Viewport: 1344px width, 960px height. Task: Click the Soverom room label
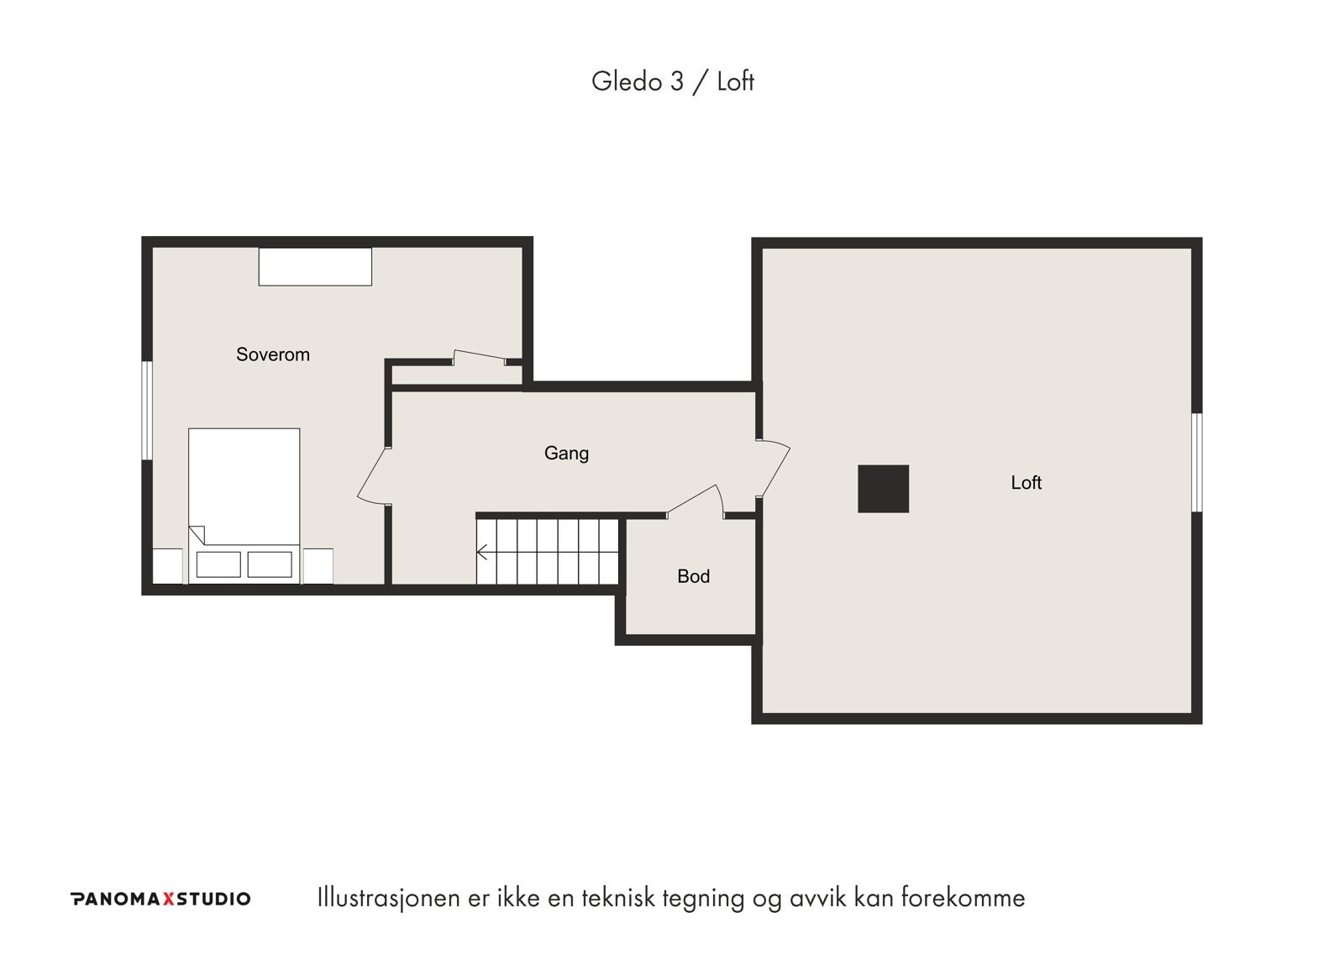(273, 354)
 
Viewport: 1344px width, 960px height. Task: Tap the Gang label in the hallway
(566, 453)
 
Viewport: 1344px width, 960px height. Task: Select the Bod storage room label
(694, 576)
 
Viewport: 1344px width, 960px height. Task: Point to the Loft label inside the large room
(1026, 482)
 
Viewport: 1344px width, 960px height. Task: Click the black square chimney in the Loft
(883, 489)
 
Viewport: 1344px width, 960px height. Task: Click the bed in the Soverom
(244, 506)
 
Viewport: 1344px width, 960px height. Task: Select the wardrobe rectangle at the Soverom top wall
(315, 266)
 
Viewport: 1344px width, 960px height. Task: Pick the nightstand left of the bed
(168, 566)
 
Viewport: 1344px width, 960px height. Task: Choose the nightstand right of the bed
(318, 566)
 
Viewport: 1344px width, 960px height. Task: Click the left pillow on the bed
(218, 564)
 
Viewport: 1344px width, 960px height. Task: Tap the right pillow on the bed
(270, 564)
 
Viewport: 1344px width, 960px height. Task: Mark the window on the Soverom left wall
(146, 411)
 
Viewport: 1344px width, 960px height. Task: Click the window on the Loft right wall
(1196, 462)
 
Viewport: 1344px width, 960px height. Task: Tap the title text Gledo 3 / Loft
(673, 81)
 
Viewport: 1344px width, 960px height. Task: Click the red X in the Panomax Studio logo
(168, 899)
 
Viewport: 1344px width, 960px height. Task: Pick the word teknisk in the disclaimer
(618, 898)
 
